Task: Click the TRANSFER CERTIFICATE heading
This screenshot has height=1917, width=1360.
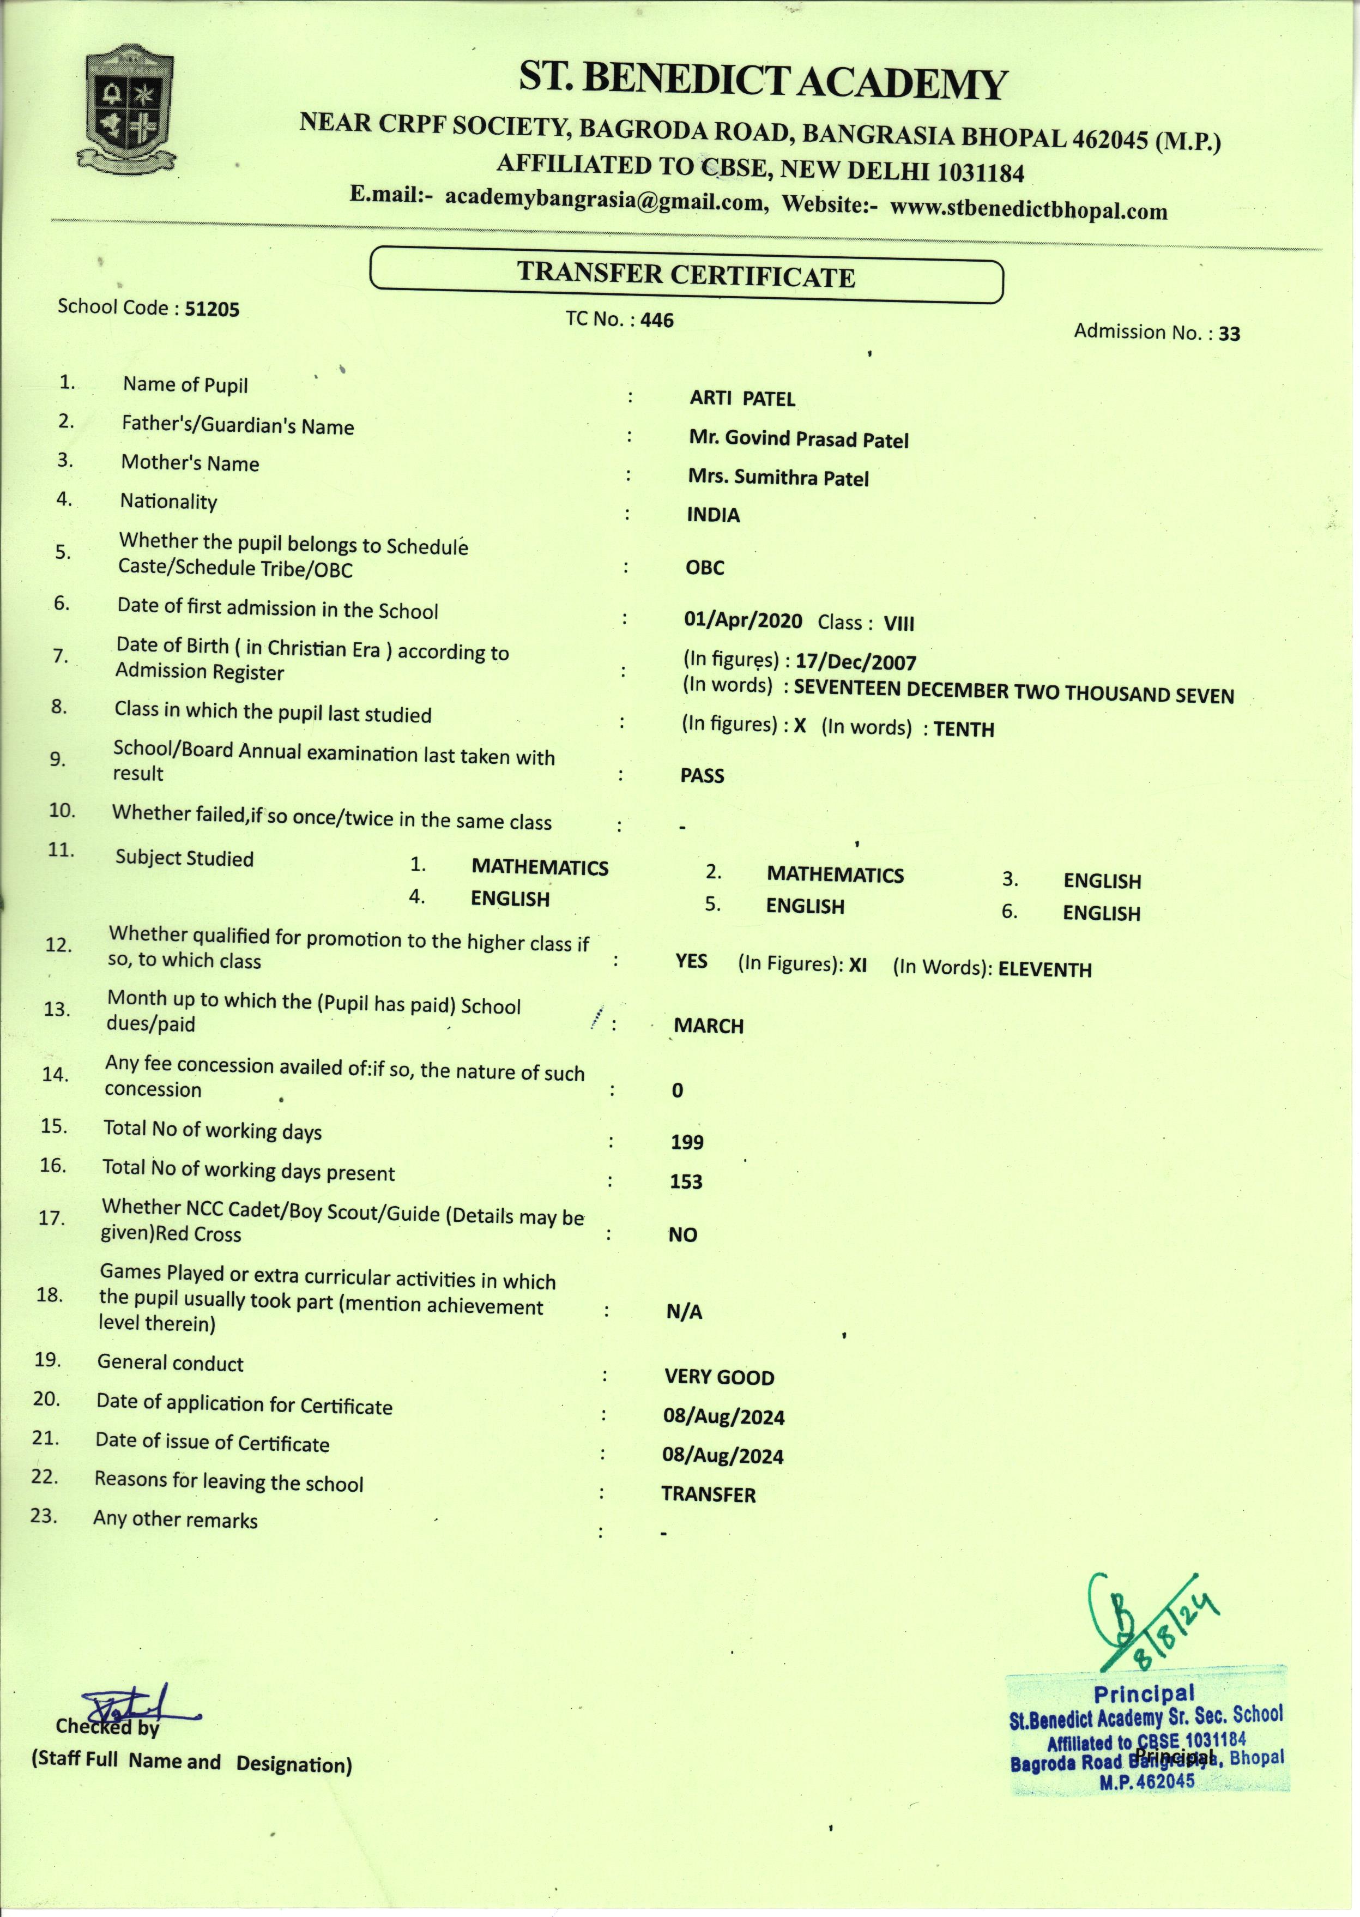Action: point(686,275)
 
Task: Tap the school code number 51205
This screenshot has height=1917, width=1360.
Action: point(212,309)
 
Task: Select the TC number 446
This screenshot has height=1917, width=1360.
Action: point(657,320)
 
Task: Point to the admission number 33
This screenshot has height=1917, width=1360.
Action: point(1229,333)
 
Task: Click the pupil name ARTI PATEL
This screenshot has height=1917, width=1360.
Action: point(742,399)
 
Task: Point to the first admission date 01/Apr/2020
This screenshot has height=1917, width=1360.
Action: point(743,620)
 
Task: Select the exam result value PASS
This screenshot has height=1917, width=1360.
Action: point(702,775)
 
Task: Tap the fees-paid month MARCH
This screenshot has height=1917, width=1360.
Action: point(709,1026)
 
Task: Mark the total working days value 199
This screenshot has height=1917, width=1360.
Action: point(687,1142)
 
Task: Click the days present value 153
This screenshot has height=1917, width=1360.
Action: point(686,1181)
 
